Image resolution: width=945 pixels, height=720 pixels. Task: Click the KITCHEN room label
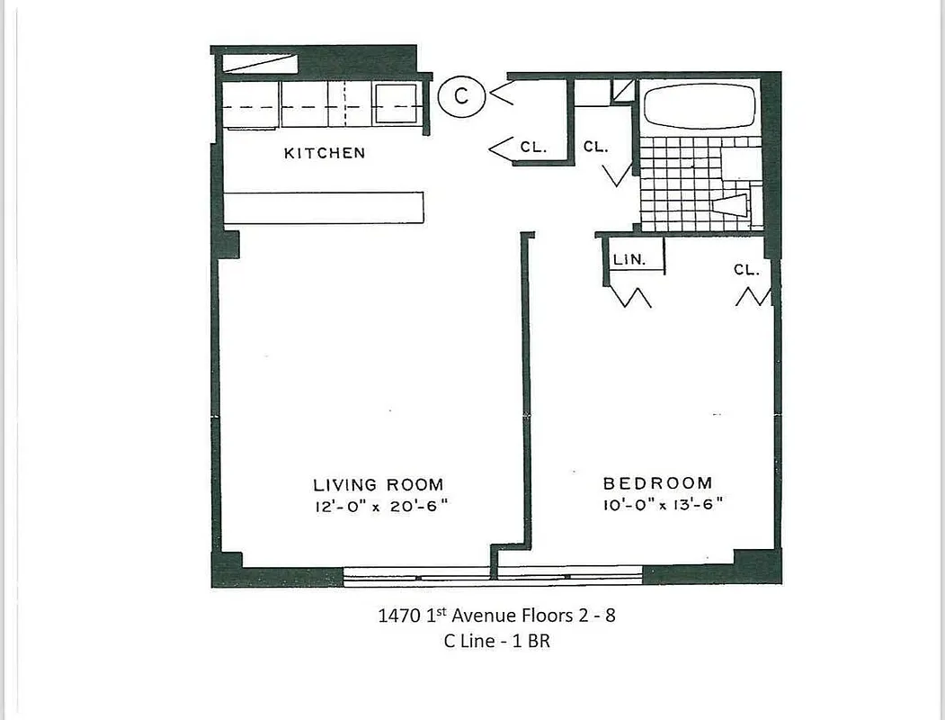click(x=325, y=153)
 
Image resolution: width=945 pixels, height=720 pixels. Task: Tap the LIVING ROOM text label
click(x=378, y=485)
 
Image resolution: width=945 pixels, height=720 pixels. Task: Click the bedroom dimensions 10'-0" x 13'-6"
click(x=663, y=505)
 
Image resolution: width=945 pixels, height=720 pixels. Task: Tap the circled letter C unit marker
click(x=460, y=95)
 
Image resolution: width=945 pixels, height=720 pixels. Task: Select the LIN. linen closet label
click(x=629, y=259)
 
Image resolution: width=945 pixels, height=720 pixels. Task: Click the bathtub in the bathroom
click(x=700, y=107)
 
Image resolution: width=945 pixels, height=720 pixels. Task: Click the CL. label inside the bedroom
click(x=746, y=269)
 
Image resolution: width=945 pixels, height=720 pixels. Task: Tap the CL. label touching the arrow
click(x=532, y=147)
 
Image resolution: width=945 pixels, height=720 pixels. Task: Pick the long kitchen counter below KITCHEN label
click(x=323, y=207)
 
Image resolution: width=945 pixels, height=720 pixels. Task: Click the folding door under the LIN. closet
click(x=630, y=295)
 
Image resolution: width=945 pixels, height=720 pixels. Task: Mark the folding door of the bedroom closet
click(x=753, y=295)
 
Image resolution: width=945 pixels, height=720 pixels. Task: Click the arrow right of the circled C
click(x=500, y=93)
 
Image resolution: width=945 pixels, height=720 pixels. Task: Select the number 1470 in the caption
click(x=397, y=616)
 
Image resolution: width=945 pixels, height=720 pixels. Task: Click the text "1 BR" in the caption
click(x=531, y=643)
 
